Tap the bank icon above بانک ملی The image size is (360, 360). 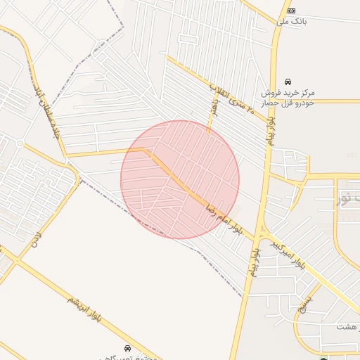click(x=291, y=11)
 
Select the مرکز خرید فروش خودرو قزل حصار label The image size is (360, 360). click(x=288, y=98)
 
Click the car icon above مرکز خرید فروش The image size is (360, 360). click(x=288, y=82)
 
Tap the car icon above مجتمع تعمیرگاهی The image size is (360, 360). click(x=127, y=348)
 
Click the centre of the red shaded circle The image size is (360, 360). click(x=180, y=179)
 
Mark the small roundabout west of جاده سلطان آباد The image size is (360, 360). click(x=20, y=143)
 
